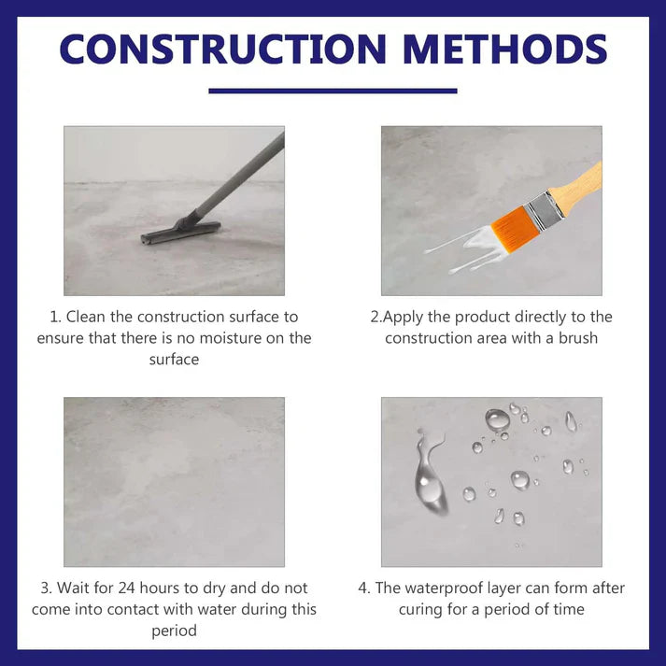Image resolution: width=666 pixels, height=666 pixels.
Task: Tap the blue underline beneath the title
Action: [x=333, y=91]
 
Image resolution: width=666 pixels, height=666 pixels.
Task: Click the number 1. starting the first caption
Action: [x=55, y=318]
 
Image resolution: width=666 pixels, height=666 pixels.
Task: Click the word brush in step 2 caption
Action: [x=577, y=338]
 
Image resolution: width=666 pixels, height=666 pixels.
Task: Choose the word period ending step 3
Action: [x=175, y=631]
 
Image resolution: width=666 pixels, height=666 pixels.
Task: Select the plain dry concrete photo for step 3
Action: [x=174, y=481]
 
